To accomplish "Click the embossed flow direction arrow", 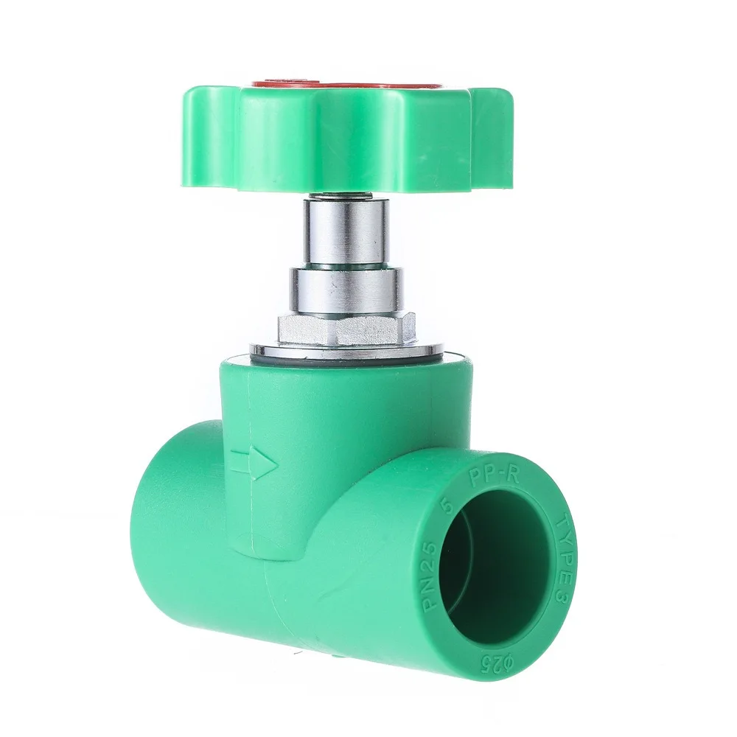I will point(254,463).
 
